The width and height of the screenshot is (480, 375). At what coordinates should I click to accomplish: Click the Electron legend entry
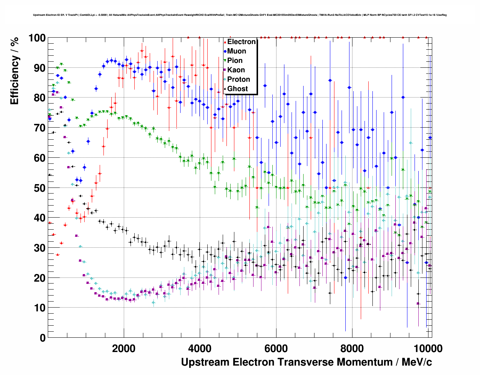point(241,42)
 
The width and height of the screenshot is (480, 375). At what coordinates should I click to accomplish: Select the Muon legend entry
point(237,51)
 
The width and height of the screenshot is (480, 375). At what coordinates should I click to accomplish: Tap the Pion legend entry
point(235,61)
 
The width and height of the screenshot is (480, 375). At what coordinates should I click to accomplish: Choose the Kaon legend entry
point(236,70)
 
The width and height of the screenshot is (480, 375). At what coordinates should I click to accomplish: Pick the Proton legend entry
point(238,79)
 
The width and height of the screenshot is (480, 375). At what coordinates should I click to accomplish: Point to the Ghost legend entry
point(237,89)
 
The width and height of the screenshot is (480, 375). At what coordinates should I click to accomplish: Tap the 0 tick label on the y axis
point(43,338)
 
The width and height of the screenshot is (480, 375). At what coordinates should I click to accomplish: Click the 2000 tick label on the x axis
point(124,348)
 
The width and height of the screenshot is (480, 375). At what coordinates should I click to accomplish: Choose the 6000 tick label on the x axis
point(276,348)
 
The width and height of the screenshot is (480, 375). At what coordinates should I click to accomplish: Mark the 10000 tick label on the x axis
point(427,348)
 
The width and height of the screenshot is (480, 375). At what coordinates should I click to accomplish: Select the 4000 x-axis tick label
point(200,348)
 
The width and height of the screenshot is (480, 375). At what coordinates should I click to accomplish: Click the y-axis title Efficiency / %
point(14,72)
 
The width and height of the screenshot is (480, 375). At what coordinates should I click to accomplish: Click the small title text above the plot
point(240,15)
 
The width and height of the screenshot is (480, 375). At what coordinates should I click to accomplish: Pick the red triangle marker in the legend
point(225,42)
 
